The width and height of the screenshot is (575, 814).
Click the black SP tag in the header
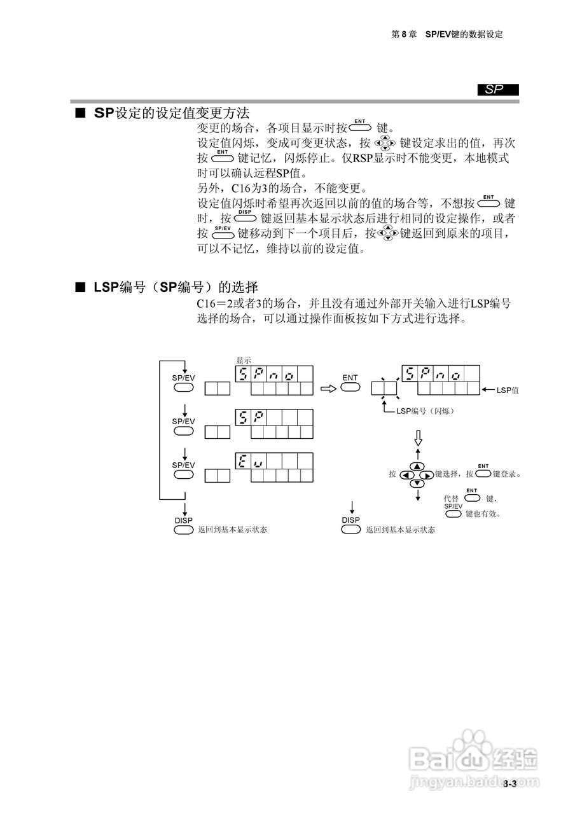pos(498,90)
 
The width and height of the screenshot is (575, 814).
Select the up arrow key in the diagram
pos(417,466)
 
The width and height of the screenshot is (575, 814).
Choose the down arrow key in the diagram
pos(417,484)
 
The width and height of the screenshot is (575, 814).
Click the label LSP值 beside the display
pos(508,390)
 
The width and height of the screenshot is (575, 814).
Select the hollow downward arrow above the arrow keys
pos(418,437)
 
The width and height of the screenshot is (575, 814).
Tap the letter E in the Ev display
pos(243,460)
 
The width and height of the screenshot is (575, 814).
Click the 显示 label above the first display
pos(244,360)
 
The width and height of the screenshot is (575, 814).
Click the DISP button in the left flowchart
pos(183,530)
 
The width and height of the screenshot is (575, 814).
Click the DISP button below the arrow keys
pos(350,530)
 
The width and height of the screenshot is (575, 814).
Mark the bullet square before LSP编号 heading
pos(80,287)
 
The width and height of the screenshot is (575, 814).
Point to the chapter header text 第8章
pos(403,34)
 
